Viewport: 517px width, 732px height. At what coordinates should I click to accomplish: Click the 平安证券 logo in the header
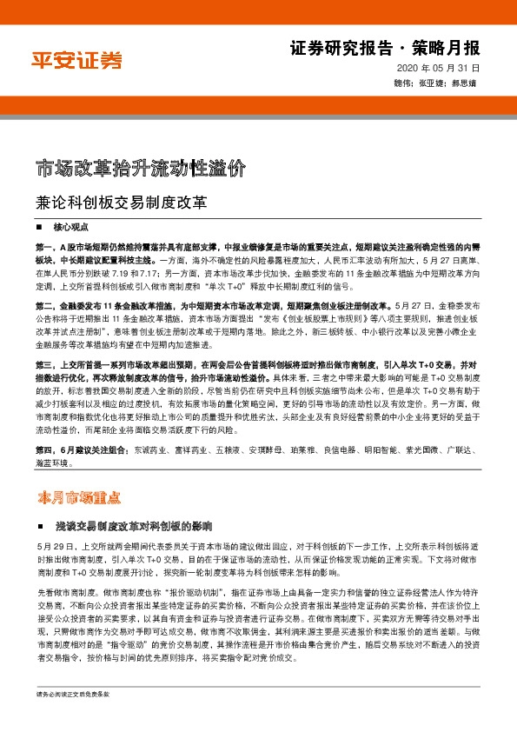click(77, 61)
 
